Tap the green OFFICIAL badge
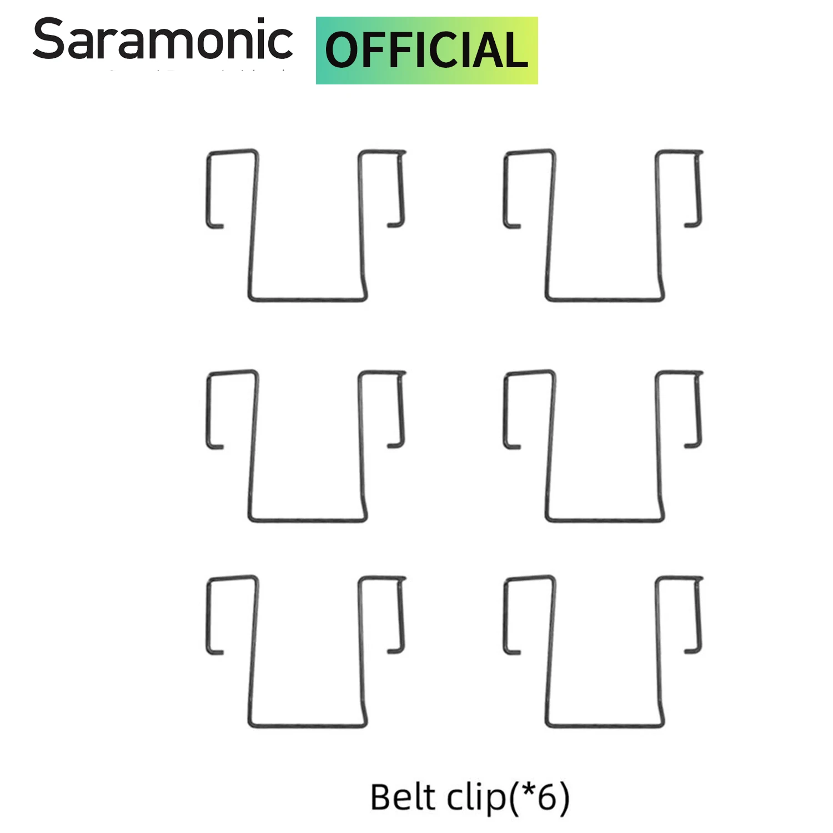[426, 51]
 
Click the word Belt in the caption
[403, 797]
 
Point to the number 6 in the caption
[547, 797]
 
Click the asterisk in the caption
[528, 791]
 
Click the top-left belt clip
[306, 225]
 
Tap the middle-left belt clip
[306, 445]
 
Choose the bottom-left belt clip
[306, 651]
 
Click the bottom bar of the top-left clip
[307, 299]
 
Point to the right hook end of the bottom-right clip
[692, 651]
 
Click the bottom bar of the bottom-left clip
[307, 725]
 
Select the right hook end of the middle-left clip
[395, 445]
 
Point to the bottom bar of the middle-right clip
[605, 520]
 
